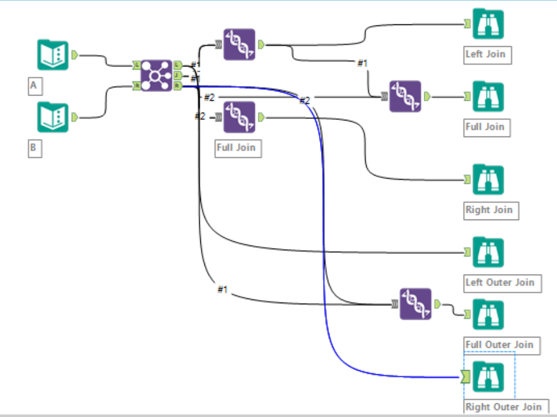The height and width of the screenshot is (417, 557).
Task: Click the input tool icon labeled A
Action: pos(53,55)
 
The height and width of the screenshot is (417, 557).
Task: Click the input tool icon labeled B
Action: pos(53,117)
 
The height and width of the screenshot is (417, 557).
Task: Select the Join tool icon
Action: pos(157,75)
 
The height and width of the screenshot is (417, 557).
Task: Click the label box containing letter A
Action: pos(34,86)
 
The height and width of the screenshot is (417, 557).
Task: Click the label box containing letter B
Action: pos(34,148)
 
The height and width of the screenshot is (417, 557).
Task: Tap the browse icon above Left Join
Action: pos(488,24)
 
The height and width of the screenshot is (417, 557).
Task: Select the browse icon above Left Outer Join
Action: pos(488,252)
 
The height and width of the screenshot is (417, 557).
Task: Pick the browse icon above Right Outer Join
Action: pos(488,376)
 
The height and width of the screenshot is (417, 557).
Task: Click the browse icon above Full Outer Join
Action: pos(488,314)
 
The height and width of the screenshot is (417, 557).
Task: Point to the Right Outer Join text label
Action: pos(503,406)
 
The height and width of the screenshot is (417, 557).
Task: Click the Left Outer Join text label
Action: pos(500,282)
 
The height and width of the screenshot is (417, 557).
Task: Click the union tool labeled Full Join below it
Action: pos(239,117)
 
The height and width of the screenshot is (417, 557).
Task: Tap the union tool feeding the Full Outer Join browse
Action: pos(415,304)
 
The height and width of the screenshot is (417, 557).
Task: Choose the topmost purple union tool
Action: pos(239,44)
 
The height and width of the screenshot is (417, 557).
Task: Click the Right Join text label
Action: pos(489,210)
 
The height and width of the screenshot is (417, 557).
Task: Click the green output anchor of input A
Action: pos(75,55)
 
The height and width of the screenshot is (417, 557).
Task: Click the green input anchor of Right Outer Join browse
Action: pos(466,376)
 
